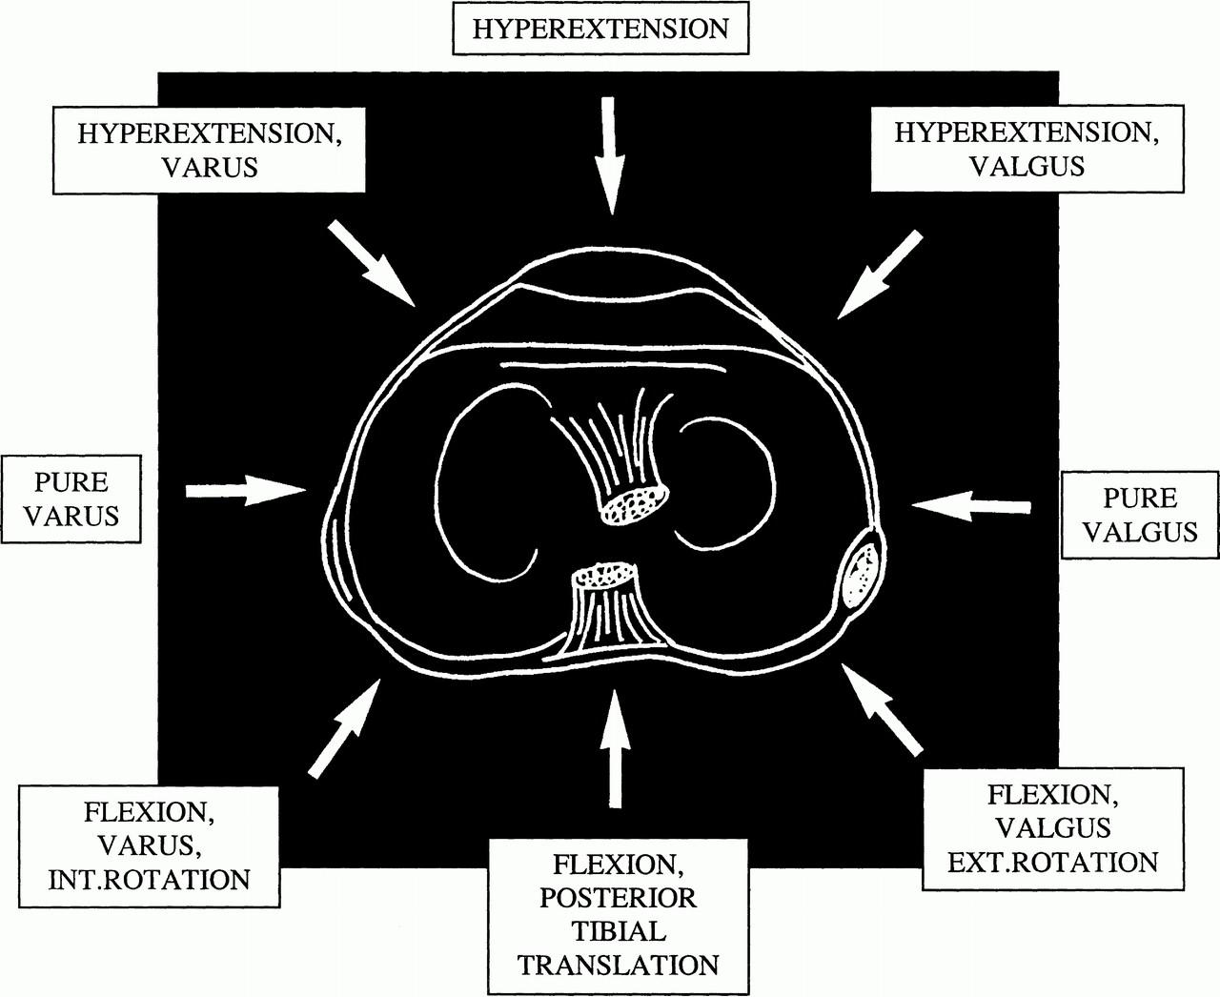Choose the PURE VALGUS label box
(x=1138, y=514)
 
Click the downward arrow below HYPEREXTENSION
(x=609, y=153)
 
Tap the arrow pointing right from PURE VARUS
(x=243, y=490)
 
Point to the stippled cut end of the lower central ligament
(x=604, y=576)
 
